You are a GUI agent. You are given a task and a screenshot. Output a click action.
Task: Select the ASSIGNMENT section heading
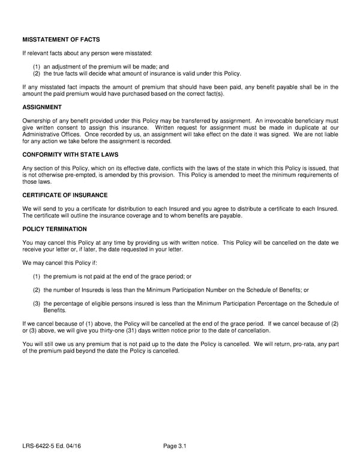pos(42,107)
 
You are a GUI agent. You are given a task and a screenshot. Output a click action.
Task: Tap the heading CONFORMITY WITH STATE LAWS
pos(71,154)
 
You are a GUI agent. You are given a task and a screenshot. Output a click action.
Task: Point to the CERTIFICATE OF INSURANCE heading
pos(65,195)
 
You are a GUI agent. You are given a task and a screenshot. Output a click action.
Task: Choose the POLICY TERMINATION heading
pos(55,229)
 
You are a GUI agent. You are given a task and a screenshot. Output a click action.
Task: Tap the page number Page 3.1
pos(175,446)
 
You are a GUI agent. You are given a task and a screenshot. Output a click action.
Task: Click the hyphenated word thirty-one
pos(118,331)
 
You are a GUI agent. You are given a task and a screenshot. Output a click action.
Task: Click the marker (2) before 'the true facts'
pos(37,74)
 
